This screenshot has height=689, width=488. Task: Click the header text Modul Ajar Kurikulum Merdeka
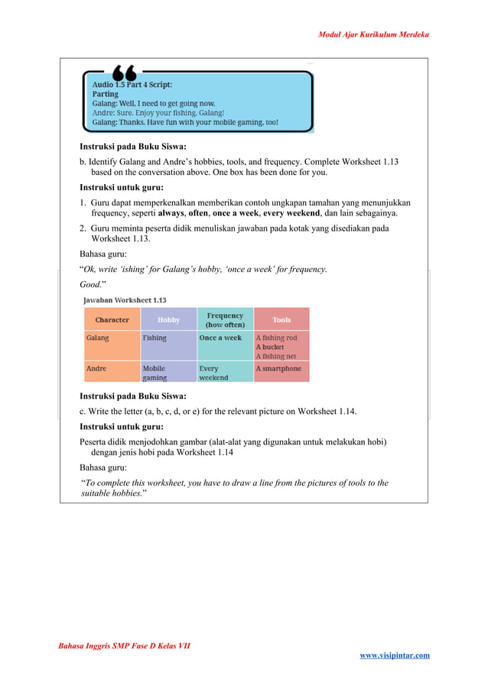point(373,34)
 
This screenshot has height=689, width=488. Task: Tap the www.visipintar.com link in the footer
point(394,655)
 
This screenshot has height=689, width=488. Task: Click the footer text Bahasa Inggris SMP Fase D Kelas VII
point(124,645)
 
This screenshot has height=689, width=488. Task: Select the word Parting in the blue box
point(106,95)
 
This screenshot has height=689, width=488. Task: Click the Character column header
point(112,319)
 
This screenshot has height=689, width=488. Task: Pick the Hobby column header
point(168,319)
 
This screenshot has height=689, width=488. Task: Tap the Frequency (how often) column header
point(225,319)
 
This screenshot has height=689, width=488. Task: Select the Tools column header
point(281,319)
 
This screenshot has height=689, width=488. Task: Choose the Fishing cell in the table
point(155,338)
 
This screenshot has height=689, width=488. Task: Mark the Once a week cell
point(220,338)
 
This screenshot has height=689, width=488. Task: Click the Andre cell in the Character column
point(96,368)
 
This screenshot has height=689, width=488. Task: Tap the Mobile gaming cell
point(155,373)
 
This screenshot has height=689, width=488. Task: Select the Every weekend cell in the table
point(215,373)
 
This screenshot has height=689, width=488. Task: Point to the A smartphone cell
point(278,368)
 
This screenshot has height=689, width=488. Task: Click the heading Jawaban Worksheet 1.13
point(125,300)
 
